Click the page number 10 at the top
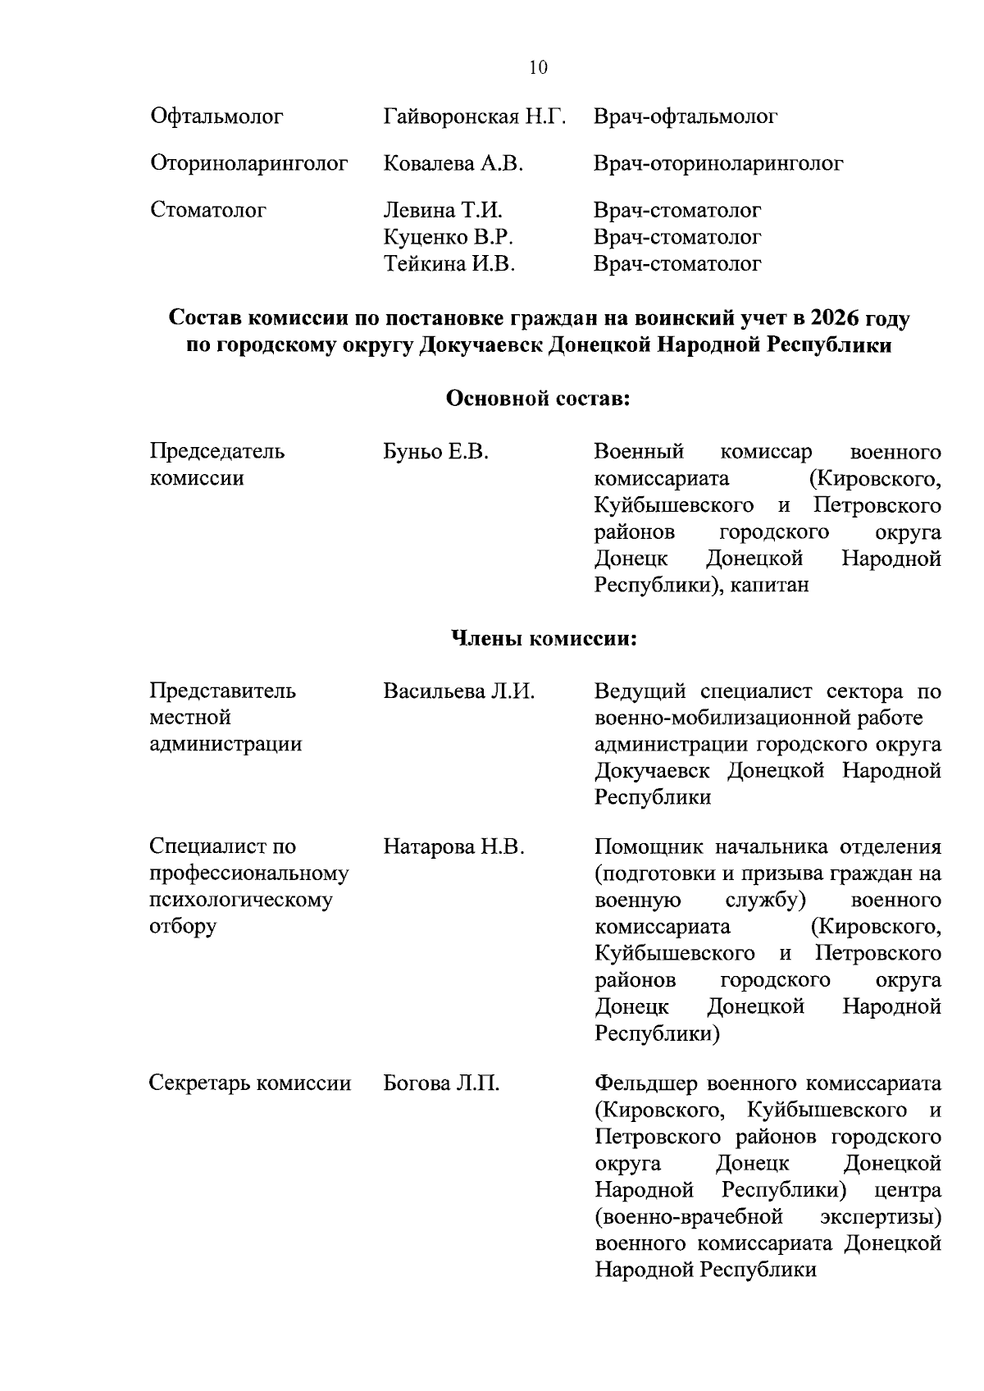coord(538,68)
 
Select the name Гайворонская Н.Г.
coord(475,117)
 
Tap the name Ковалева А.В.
coord(453,164)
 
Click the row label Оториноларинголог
coord(249,164)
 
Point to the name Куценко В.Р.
coord(449,238)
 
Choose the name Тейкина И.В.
coord(449,264)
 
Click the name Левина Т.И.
coord(443,211)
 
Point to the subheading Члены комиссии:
coord(544,638)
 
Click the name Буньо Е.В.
coord(435,452)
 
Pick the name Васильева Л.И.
coord(458,691)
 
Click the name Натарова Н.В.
coord(453,846)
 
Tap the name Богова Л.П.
coord(441,1084)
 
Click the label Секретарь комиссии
coord(250,1084)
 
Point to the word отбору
coord(183,927)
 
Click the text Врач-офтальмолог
coord(686,117)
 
